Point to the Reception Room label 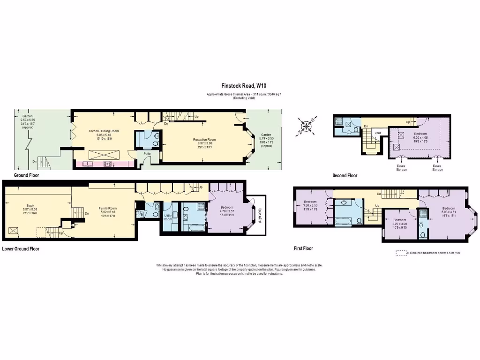[204, 139]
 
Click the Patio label [147, 153]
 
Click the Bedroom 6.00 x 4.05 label [420, 134]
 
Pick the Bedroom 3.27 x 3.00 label [399, 220]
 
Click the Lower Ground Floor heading [21, 249]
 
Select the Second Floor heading [345, 176]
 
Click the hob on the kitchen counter [107, 164]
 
